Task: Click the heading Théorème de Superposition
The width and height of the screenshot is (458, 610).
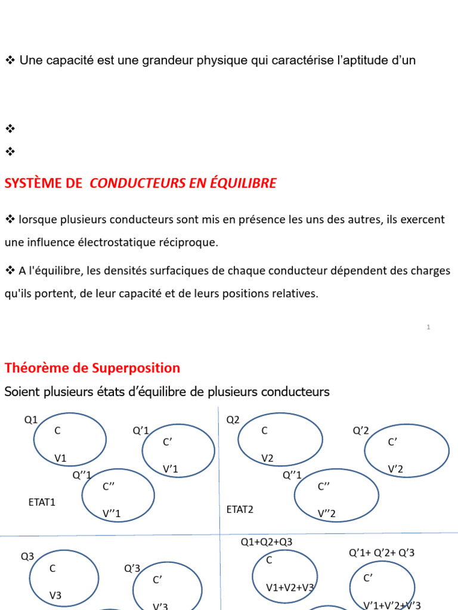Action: point(92,368)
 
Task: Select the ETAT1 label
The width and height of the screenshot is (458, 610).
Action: point(42,502)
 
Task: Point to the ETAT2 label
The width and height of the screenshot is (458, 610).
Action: point(240,509)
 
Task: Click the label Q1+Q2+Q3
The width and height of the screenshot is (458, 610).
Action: point(267,542)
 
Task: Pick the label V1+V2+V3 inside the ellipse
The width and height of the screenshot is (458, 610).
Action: point(290,588)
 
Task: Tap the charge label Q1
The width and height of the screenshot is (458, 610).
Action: point(31,420)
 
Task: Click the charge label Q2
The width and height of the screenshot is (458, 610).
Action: point(233,420)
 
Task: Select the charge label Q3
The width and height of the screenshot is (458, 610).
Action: point(28,556)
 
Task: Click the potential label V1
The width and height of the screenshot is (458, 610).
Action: point(61,458)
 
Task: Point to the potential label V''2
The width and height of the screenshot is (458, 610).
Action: point(327,513)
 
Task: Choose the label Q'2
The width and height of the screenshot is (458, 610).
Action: point(361,431)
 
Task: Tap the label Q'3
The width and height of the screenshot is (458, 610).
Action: point(132,568)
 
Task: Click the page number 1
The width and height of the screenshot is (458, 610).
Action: point(428,327)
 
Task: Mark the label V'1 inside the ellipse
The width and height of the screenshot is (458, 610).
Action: point(171,469)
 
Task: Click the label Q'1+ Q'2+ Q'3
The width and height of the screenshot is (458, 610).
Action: point(382,553)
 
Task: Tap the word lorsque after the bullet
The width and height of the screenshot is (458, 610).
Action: point(38,220)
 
